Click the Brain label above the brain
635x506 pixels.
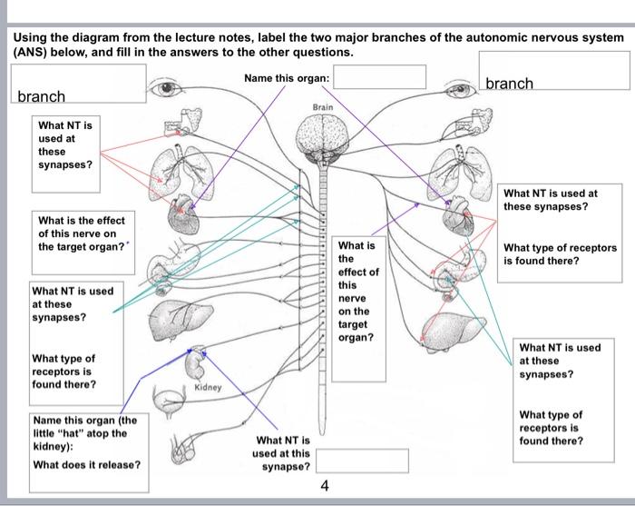click(323, 107)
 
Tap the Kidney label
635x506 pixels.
click(208, 388)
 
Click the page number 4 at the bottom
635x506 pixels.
click(325, 486)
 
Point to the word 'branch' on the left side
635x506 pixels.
click(42, 96)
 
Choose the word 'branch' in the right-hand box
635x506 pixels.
click(510, 84)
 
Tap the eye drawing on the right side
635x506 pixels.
click(458, 90)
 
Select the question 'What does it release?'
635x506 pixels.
click(86, 464)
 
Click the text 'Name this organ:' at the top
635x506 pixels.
click(287, 78)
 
